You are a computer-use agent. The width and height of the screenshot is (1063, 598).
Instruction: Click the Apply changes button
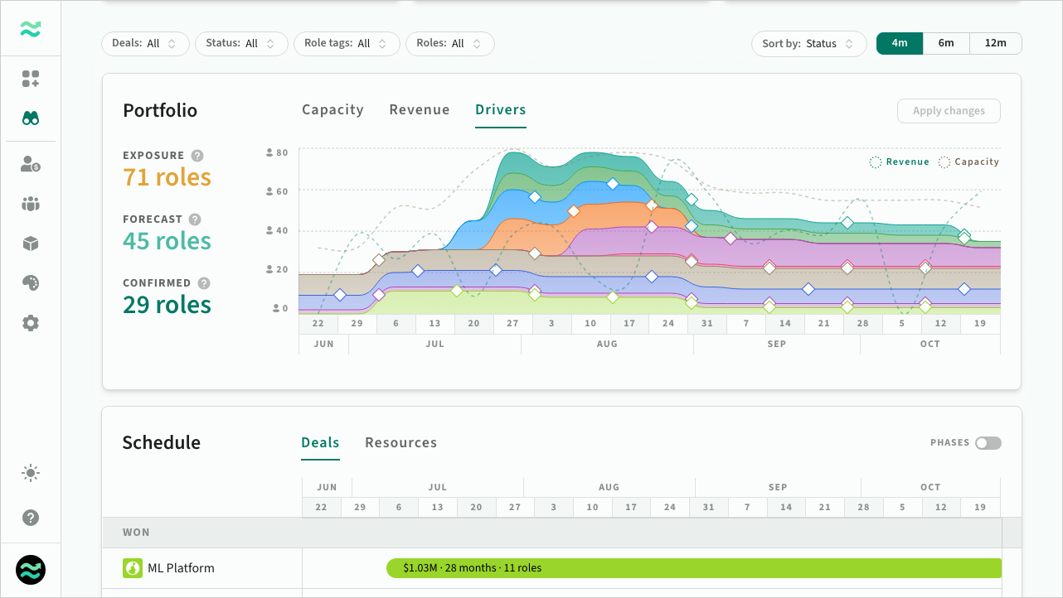[x=949, y=111]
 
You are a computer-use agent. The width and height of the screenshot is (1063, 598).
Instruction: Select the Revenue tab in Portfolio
[x=420, y=110]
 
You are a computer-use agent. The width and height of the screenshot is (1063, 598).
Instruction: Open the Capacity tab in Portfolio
[x=332, y=110]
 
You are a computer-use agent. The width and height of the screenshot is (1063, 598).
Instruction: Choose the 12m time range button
[x=996, y=43]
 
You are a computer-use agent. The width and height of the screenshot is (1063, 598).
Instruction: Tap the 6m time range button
[x=946, y=43]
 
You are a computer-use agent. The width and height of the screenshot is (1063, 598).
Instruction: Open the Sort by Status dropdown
[x=808, y=44]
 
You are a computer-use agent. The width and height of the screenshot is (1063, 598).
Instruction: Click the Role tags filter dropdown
[x=347, y=44]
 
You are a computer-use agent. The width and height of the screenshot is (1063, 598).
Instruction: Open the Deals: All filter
[x=145, y=44]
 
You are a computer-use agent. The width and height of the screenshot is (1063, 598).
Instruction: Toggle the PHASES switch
[x=988, y=442]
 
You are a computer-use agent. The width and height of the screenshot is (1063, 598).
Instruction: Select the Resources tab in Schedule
[x=401, y=442]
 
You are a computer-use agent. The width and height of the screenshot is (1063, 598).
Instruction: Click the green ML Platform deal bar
[x=694, y=568]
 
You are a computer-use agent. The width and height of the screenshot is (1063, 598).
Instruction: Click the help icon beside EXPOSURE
[x=197, y=156]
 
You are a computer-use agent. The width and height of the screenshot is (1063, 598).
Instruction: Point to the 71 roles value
[x=167, y=178]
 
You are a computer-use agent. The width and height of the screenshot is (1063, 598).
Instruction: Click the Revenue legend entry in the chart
[x=900, y=162]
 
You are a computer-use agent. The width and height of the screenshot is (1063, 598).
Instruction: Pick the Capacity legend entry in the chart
[x=968, y=162]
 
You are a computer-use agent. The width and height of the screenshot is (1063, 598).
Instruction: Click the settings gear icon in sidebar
[x=31, y=323]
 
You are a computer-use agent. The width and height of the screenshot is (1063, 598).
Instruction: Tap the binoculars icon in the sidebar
[x=31, y=118]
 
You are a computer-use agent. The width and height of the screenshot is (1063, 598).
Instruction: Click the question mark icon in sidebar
[x=31, y=518]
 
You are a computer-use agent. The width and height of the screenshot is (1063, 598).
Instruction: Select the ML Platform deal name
[x=181, y=568]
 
